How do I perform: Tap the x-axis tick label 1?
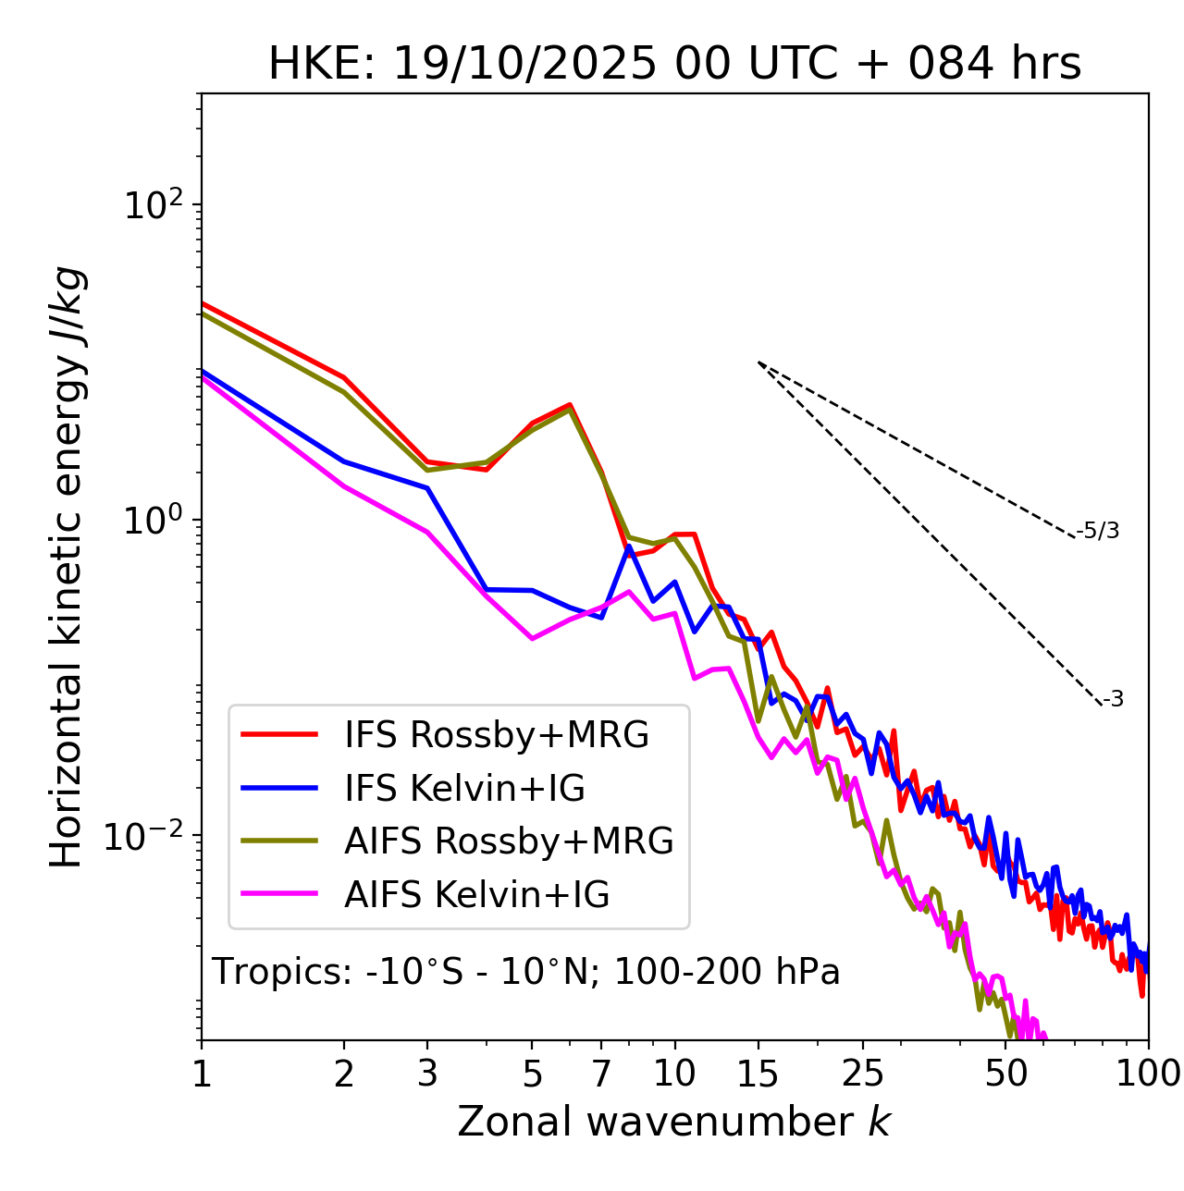coord(202,1074)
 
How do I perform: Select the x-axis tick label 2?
coord(344,1074)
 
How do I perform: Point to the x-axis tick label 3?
coord(427,1074)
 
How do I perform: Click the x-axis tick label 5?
coord(532,1074)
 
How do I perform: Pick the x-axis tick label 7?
coord(601,1074)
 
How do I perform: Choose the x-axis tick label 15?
coord(758,1074)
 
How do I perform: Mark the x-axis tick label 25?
coord(862,1074)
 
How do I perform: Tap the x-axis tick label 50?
coord(1005,1074)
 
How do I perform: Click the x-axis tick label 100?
coord(1148,1074)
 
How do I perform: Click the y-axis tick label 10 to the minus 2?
coord(148,836)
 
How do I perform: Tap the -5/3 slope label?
coord(1098,531)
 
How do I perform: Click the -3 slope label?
coord(1113,699)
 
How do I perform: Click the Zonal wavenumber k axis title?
coord(674,1122)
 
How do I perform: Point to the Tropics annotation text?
coord(526,972)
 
